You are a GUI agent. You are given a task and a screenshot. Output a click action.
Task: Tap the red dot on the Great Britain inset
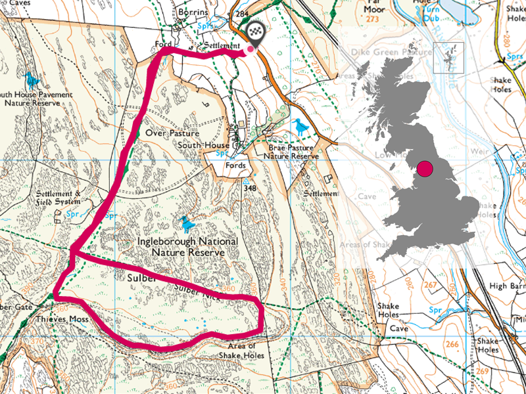click(x=425, y=169)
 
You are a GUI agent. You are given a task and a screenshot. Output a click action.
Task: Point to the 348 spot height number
click(x=249, y=188)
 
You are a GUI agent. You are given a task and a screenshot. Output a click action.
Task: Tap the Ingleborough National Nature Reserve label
click(x=187, y=246)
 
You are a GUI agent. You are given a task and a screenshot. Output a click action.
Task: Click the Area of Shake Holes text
click(x=246, y=351)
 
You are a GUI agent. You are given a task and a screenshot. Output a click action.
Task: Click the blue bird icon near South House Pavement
click(x=32, y=79)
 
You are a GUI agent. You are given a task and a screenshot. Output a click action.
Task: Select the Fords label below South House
click(x=235, y=165)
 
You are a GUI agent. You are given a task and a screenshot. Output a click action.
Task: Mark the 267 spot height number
click(x=431, y=285)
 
